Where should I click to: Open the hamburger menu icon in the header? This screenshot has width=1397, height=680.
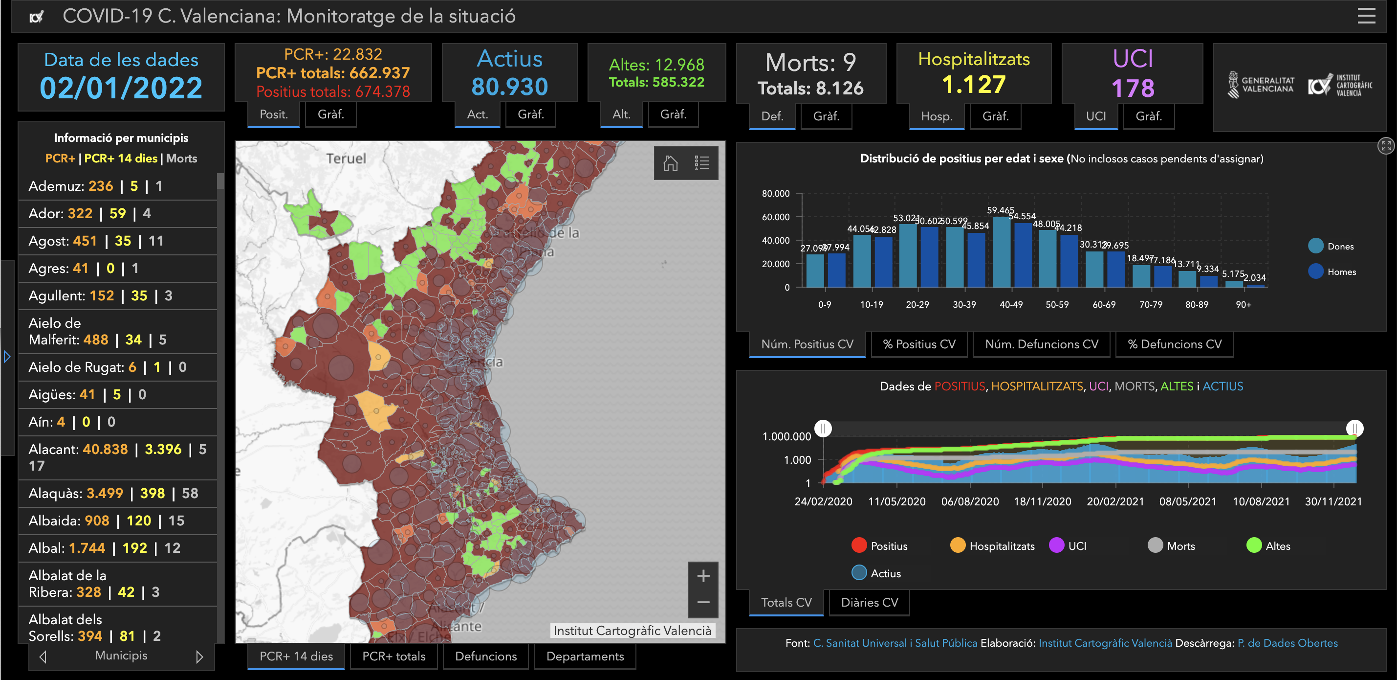point(1366,16)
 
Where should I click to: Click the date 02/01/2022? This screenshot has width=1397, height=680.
point(121,88)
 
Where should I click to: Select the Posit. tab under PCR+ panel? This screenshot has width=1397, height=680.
point(273,114)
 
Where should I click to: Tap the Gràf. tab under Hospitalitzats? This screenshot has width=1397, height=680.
point(995,116)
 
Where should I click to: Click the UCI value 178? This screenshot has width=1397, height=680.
point(1133,88)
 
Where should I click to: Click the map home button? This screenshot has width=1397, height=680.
point(670,163)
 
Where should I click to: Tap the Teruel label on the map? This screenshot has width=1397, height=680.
point(346,159)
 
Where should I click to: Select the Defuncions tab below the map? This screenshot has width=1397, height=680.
point(485,656)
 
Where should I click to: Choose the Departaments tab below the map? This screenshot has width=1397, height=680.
point(585,656)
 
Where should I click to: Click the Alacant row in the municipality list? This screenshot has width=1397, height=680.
point(117,457)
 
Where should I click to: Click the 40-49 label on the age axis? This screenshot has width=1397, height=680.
point(1011,304)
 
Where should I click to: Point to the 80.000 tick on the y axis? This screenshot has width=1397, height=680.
point(776,194)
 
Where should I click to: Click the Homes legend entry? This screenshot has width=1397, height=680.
point(1341,272)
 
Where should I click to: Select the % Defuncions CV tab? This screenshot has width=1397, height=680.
point(1174,344)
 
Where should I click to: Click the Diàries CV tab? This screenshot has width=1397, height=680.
point(869,602)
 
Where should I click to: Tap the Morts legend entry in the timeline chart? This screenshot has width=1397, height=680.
point(1180,546)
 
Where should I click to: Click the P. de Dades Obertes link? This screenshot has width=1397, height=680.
point(1287,643)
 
